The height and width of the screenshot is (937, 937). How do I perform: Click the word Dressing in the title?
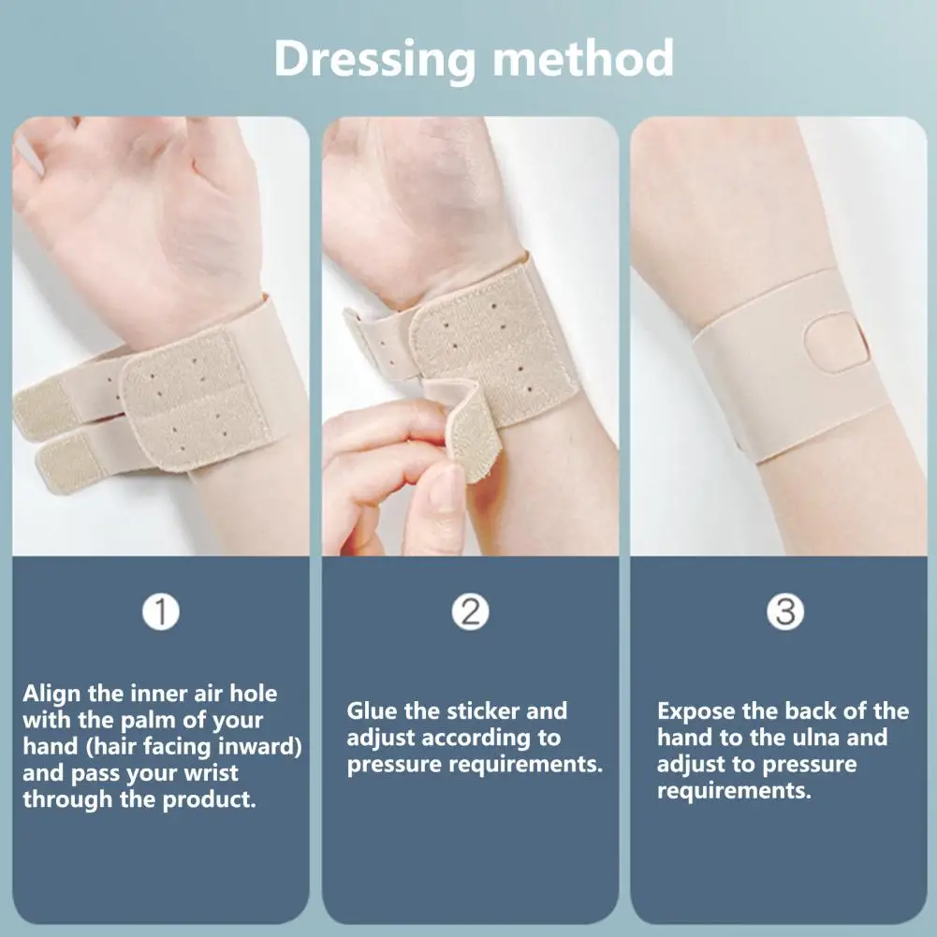[x=374, y=59]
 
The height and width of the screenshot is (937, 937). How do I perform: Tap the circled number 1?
[x=161, y=612]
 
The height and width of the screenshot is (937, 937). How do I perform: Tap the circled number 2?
[x=470, y=612]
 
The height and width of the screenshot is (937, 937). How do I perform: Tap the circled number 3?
[x=784, y=612]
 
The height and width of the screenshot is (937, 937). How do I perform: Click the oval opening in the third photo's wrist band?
[x=834, y=350]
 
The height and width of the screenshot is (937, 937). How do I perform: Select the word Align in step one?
[x=52, y=694]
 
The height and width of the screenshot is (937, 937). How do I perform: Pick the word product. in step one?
[x=209, y=801]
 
